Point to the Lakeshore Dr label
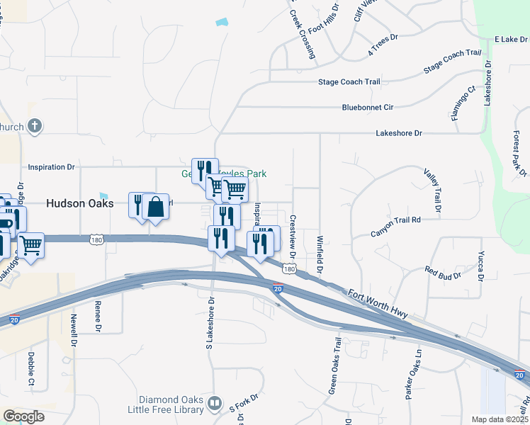pos(398,133)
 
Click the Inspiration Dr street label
pos(51,167)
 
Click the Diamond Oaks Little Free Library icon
pos(215,404)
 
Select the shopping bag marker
pos(155,208)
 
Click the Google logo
pos(23,416)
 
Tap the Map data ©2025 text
pos(500,419)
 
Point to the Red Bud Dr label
pos(443,271)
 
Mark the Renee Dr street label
pos(98,316)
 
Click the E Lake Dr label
pos(507,39)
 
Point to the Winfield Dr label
pos(320,256)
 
